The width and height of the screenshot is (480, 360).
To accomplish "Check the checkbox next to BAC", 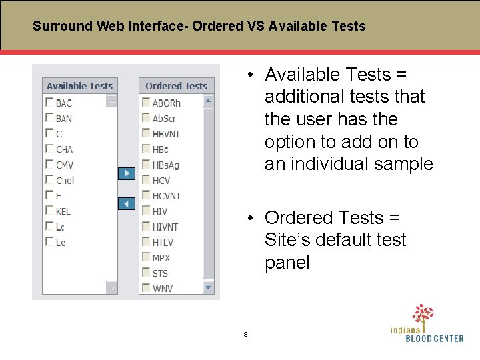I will tap(49, 103).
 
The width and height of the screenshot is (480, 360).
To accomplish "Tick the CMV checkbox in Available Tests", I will tap(49, 165).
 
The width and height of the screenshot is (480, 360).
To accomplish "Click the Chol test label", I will tap(65, 181).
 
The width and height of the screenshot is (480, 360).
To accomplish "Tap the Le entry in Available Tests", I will tap(61, 243).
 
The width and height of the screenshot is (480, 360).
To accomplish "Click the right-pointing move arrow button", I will tap(127, 173).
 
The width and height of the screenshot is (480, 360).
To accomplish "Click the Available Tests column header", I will tap(80, 86).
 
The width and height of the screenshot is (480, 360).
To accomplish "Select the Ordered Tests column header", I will tap(176, 86).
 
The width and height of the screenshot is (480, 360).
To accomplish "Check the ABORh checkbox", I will tap(146, 103).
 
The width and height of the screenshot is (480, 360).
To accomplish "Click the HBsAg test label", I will tap(166, 165).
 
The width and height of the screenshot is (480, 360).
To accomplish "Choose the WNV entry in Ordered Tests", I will tap(162, 289).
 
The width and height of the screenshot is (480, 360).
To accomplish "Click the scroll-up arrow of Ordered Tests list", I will tap(208, 101).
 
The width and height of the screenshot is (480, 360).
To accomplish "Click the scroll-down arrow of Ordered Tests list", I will tap(208, 288).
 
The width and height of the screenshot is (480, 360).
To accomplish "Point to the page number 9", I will tap(245, 334).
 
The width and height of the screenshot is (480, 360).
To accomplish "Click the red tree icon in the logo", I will tap(423, 314).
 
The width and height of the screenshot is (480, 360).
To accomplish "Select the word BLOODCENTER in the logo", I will tap(435, 339).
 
